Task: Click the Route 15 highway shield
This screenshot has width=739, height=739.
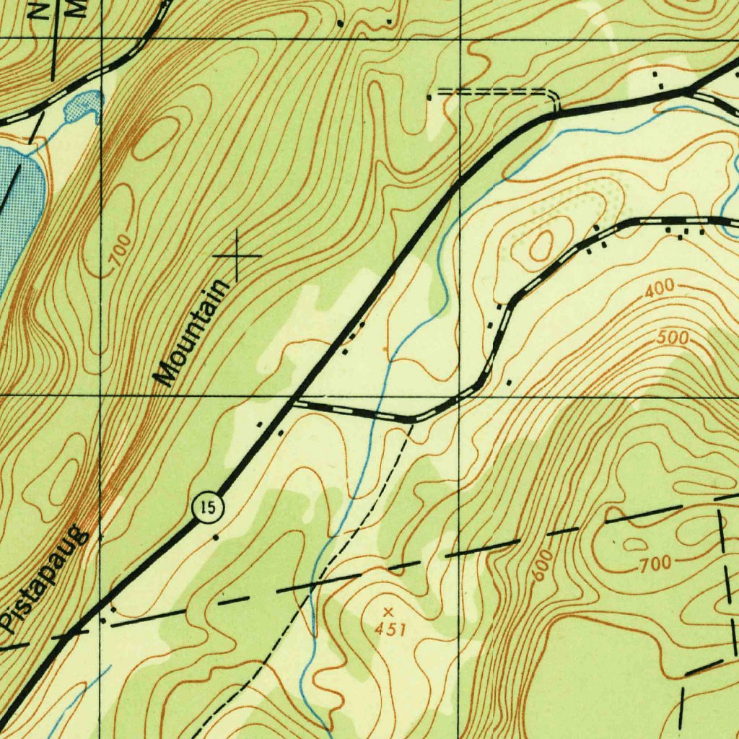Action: tap(209, 507)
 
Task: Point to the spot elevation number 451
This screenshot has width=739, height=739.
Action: tap(390, 629)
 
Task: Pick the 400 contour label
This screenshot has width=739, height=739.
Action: tap(659, 290)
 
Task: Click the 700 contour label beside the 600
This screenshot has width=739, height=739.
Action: tap(655, 564)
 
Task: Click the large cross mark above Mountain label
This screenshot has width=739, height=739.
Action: tap(237, 255)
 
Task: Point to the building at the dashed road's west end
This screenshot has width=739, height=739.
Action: tap(429, 96)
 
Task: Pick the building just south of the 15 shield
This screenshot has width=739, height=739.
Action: tap(215, 538)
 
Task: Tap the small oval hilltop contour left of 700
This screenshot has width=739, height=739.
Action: tap(634, 544)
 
